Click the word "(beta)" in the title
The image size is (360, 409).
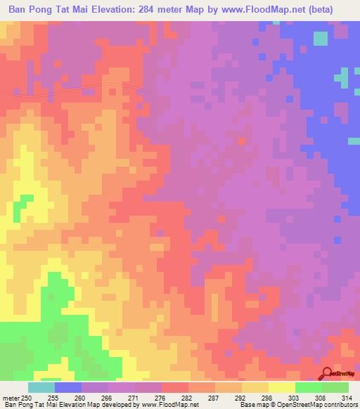[x=335, y=9]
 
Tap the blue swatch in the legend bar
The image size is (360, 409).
[x=68, y=387]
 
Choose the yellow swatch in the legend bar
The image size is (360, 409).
[x=281, y=387]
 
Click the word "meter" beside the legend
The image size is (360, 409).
[x=11, y=397]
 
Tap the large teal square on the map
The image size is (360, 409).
[x=321, y=39]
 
